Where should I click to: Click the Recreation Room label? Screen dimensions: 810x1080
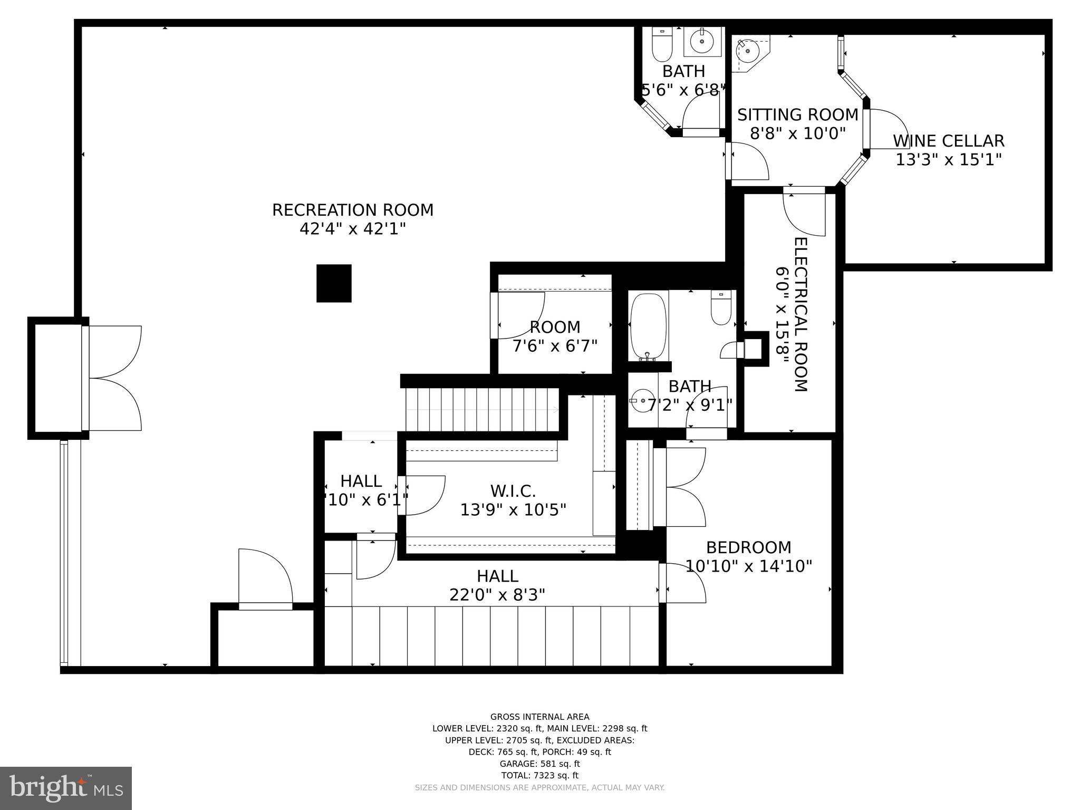point(352,210)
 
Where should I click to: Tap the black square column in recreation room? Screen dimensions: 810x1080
point(334,283)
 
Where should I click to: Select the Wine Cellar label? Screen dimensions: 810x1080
point(948,141)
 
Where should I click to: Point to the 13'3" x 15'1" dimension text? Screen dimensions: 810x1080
point(948,159)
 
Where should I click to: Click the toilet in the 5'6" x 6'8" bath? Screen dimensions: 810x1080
point(661,45)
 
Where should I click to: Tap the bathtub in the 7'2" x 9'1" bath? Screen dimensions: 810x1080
point(648,326)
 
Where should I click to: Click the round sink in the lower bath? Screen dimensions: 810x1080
point(642,401)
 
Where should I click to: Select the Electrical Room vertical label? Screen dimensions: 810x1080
point(800,314)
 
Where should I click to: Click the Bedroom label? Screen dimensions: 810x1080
point(748,547)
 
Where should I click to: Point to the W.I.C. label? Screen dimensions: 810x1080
point(513,491)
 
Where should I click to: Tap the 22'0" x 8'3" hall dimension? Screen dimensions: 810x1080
point(497,595)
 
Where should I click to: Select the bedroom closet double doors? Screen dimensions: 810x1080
point(684,487)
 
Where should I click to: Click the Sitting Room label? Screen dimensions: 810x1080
point(797,114)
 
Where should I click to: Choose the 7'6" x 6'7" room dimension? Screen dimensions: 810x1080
point(555,346)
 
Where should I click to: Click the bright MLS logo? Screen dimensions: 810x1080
point(65,787)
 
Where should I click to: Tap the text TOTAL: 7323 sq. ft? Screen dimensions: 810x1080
point(539,775)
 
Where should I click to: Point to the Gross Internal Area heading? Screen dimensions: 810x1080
point(539,717)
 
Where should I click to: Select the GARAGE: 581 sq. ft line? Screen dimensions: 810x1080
point(539,764)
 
